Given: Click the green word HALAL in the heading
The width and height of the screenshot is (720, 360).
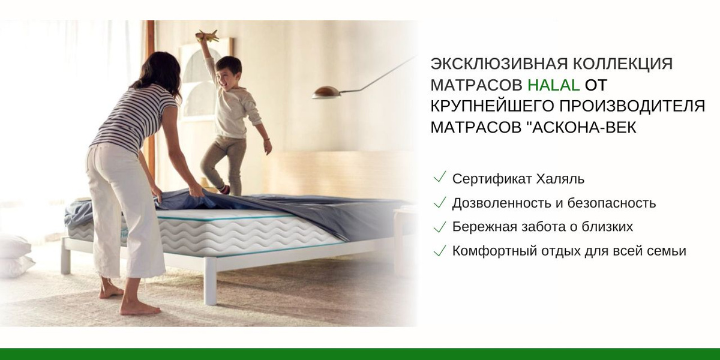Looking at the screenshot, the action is [553, 85].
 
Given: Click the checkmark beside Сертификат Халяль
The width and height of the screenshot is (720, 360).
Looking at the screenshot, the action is [440, 177].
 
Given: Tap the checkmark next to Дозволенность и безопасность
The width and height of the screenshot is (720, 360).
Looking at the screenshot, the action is [440, 202].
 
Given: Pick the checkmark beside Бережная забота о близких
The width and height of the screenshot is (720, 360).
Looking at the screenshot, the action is [440, 227].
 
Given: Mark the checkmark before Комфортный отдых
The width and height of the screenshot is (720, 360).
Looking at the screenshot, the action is [440, 250].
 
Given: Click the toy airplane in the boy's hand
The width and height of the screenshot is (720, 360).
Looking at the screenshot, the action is [208, 36].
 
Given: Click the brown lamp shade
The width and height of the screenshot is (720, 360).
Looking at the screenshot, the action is [326, 92].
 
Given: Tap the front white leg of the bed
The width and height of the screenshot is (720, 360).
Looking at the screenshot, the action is [211, 281].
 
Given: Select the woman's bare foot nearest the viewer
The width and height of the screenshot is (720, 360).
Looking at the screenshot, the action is [139, 309].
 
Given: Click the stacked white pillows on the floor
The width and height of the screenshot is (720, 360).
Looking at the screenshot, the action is [16, 256].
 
